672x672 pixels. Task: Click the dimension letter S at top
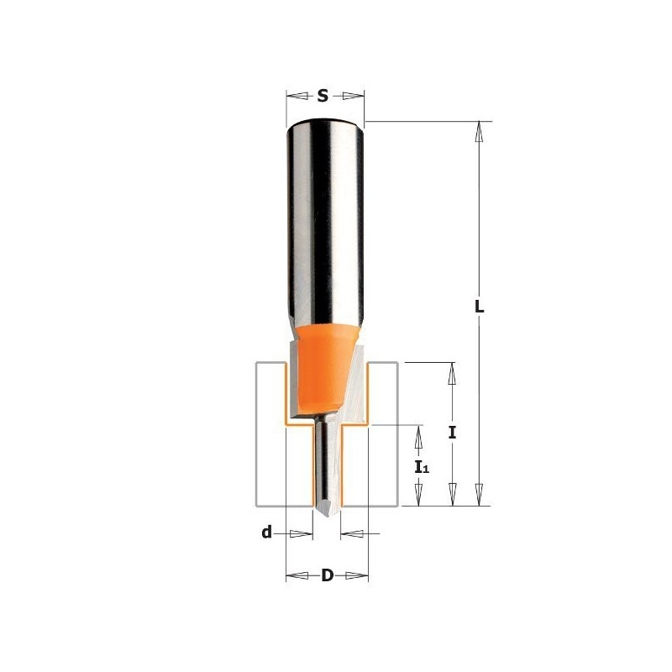pyautogui.click(x=323, y=96)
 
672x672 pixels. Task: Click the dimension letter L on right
pyautogui.click(x=480, y=307)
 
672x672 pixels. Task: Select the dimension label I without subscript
pyautogui.click(x=452, y=433)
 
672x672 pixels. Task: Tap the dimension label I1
pyautogui.click(x=421, y=465)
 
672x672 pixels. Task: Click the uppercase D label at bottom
pyautogui.click(x=328, y=575)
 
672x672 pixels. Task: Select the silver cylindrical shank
pyautogui.click(x=324, y=218)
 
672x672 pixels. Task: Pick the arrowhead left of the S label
pyautogui.click(x=294, y=96)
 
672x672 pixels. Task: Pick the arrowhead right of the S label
pyautogui.click(x=355, y=96)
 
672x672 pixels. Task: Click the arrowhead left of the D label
pyautogui.click(x=294, y=575)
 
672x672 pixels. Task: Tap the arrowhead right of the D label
pyautogui.click(x=361, y=575)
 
